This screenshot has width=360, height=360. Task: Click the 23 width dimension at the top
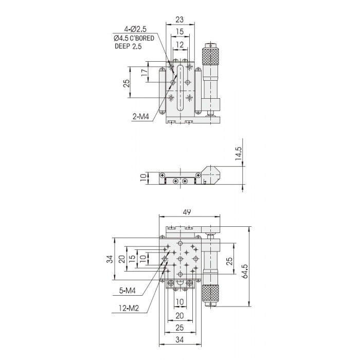click(x=179, y=20)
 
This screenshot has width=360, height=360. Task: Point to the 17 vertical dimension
click(x=145, y=73)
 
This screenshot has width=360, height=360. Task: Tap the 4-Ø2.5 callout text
click(x=135, y=29)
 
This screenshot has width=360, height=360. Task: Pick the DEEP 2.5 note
click(x=128, y=46)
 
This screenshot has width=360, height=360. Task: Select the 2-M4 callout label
click(x=140, y=117)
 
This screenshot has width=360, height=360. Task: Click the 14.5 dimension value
click(x=238, y=153)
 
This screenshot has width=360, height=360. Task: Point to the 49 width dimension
click(x=187, y=212)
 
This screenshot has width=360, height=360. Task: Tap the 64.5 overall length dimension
click(x=245, y=271)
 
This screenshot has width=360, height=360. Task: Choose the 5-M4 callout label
click(x=127, y=291)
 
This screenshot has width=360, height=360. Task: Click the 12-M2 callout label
click(x=129, y=308)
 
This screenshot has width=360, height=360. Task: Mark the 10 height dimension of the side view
click(x=143, y=177)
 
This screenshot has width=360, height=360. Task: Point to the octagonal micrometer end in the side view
click(x=211, y=175)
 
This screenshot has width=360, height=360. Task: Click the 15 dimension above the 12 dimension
click(x=180, y=31)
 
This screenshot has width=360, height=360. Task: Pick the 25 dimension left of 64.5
click(x=229, y=261)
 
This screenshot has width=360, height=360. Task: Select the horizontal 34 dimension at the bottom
click(x=179, y=339)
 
